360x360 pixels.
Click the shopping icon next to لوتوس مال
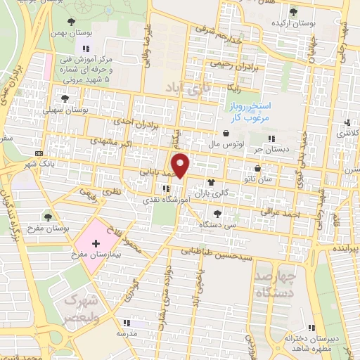[x=226, y=134]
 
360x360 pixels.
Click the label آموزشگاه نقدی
[x=167, y=200]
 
